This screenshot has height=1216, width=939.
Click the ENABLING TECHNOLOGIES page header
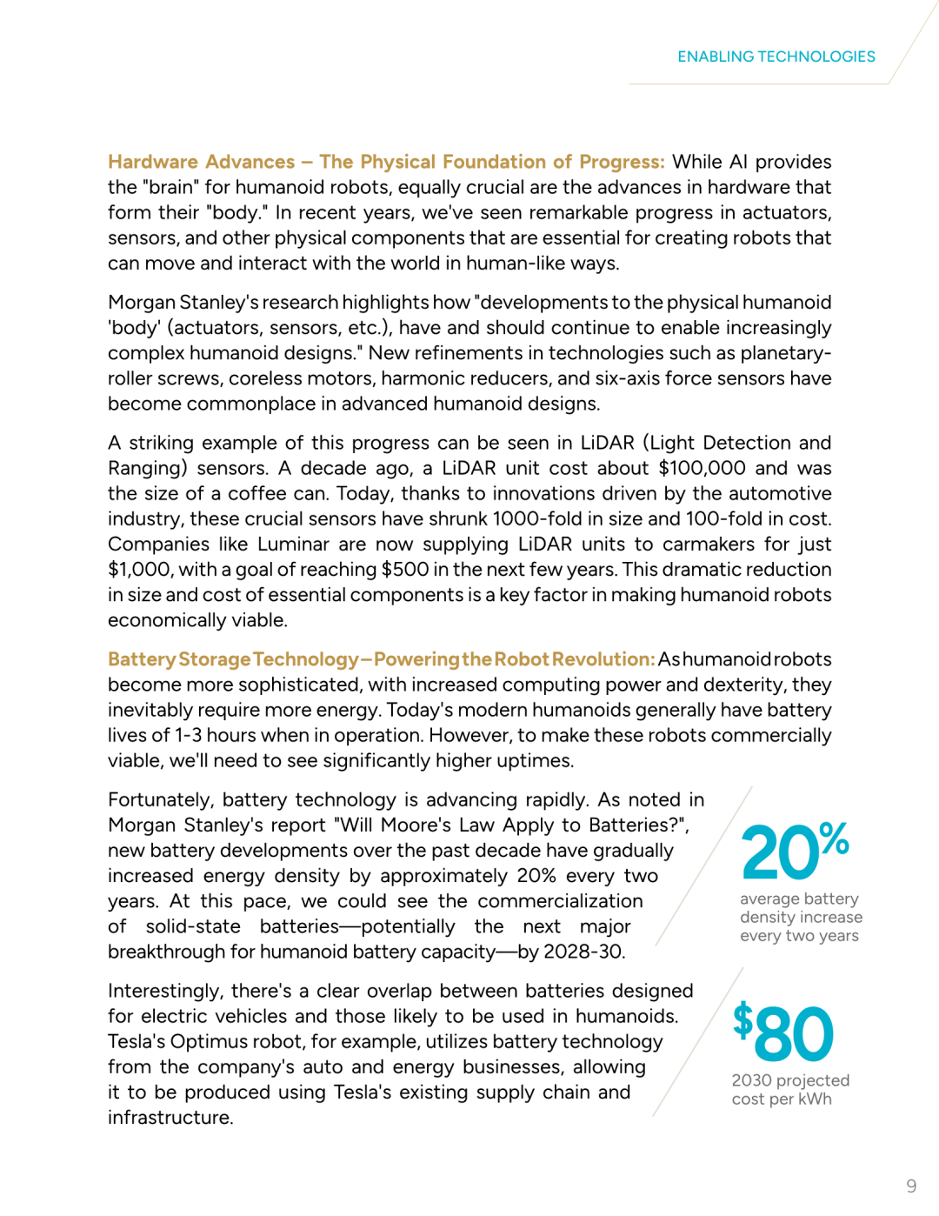coord(776,57)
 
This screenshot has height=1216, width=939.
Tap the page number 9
coord(911,1186)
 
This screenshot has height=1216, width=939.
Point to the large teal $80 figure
coord(783,1032)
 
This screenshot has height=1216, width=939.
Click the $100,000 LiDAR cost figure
coord(702,468)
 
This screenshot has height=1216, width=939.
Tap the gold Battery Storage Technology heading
coord(233,659)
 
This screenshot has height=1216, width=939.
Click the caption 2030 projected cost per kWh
coord(789,1089)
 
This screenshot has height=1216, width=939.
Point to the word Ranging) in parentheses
coord(148,468)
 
